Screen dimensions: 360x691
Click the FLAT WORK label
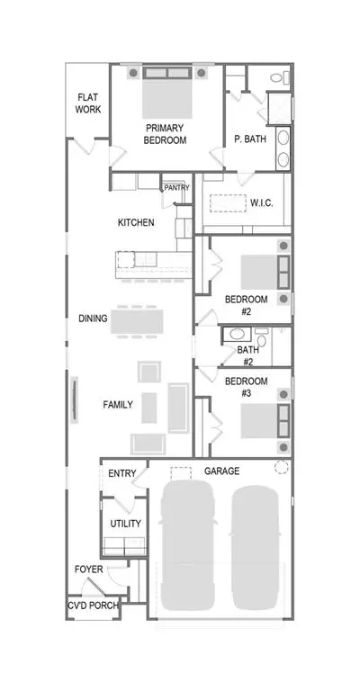click(x=88, y=103)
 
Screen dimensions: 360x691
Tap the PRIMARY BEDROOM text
click(x=165, y=134)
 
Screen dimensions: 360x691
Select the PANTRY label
click(x=177, y=188)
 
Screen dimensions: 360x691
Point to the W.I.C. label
click(x=262, y=203)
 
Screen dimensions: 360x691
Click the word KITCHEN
click(x=136, y=222)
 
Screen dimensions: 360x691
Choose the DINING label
click(x=93, y=319)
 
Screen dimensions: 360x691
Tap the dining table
click(x=137, y=321)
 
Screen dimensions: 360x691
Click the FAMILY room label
click(x=118, y=404)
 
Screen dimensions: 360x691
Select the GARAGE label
click(x=221, y=471)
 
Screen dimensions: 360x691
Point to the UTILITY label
click(x=126, y=524)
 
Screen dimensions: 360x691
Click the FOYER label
click(x=88, y=570)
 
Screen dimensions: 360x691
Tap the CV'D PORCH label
click(x=94, y=606)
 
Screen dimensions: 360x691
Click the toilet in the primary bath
click(x=280, y=78)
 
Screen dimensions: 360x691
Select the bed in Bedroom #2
click(x=265, y=273)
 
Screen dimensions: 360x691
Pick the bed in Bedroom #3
click(x=265, y=420)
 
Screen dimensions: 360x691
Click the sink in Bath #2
click(x=237, y=334)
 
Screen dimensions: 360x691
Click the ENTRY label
click(x=122, y=474)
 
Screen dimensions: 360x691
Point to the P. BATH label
click(x=250, y=139)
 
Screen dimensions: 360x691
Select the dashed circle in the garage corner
click(x=281, y=467)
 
